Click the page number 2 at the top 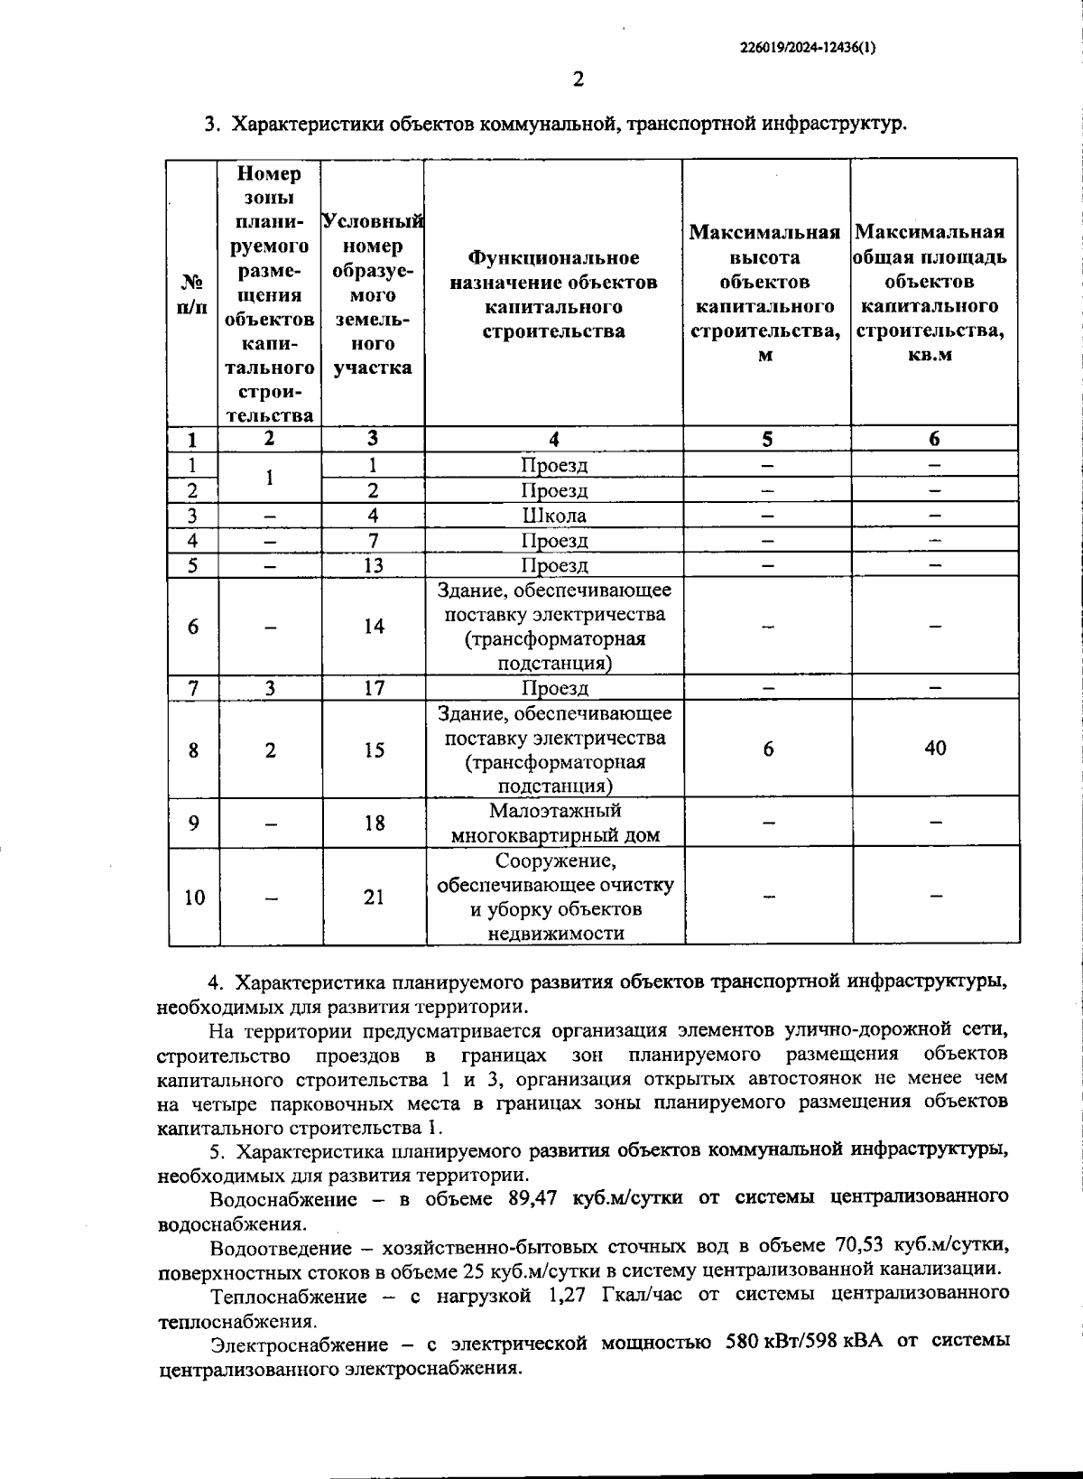coord(579,79)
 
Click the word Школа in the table coord(553,516)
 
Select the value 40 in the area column coord(935,749)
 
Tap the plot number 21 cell coord(374,897)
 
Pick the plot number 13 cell coord(374,565)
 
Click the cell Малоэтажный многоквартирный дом coord(554,823)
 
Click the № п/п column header coord(192,294)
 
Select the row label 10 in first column coord(194,898)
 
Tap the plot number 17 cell coord(374,688)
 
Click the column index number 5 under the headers coord(766,440)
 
